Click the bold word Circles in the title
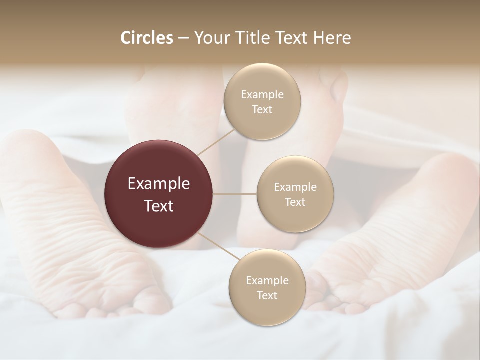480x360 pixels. pyautogui.click(x=147, y=38)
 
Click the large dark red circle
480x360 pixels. pyautogui.click(x=159, y=194)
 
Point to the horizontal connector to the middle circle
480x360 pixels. pyautogui.click(x=235, y=194)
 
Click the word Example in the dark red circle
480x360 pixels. pyautogui.click(x=159, y=184)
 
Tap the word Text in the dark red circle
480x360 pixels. pyautogui.click(x=159, y=206)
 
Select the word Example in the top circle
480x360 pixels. pyautogui.click(x=262, y=95)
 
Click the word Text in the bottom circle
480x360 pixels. pyautogui.click(x=267, y=295)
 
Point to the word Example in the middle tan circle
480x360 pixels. pyautogui.click(x=295, y=187)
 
